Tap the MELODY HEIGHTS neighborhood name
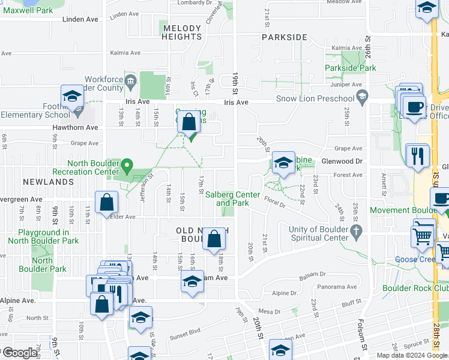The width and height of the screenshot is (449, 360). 181,32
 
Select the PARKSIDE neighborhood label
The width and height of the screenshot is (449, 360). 284,37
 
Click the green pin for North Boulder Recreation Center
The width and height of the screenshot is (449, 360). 127,164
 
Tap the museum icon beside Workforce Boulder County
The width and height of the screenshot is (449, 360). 130,80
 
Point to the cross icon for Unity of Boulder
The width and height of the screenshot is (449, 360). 357,230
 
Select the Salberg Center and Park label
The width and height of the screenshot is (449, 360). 232,199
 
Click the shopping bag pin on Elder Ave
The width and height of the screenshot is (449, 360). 106,202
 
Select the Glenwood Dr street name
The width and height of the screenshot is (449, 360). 342,161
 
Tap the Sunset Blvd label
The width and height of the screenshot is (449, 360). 186,330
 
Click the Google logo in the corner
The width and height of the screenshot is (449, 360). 19,353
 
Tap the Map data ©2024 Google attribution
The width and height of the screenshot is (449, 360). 411,355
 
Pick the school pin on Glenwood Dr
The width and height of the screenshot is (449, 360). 283,162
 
